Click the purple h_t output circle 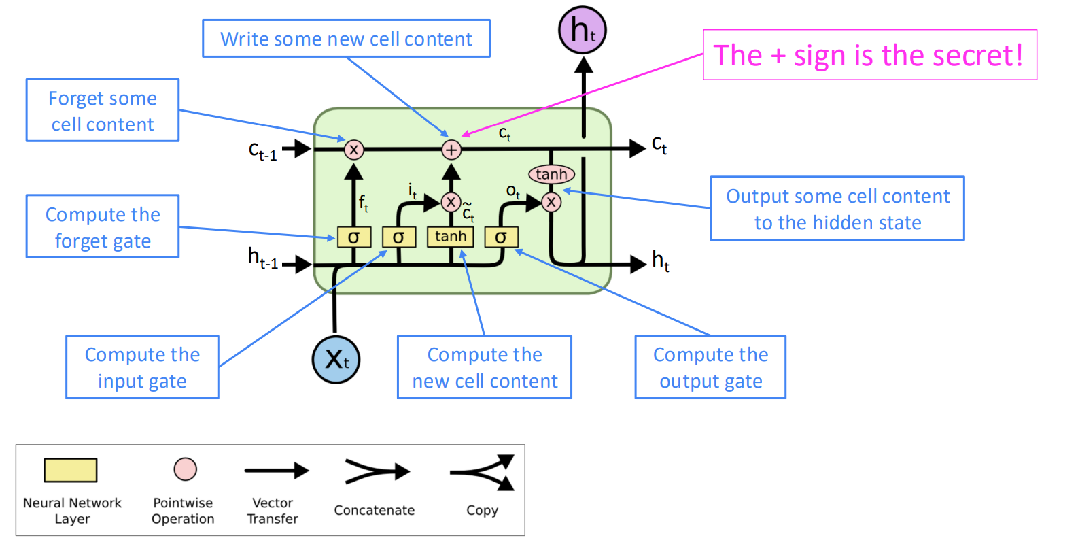583,30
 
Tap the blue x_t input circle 336,359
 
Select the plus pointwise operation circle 451,150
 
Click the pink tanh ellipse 551,174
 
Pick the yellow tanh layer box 451,237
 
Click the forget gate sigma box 353,237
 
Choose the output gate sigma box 502,237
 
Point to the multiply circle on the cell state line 353,150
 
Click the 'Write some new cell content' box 346,39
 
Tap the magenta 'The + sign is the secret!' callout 869,55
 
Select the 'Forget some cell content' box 103,110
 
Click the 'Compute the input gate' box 143,367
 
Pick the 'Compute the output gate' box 710,367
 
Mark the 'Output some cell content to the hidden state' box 837,209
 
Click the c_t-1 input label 263,150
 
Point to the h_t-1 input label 263,258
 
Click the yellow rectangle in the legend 71,470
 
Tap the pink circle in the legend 186,469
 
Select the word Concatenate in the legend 375,510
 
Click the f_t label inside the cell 364,203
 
